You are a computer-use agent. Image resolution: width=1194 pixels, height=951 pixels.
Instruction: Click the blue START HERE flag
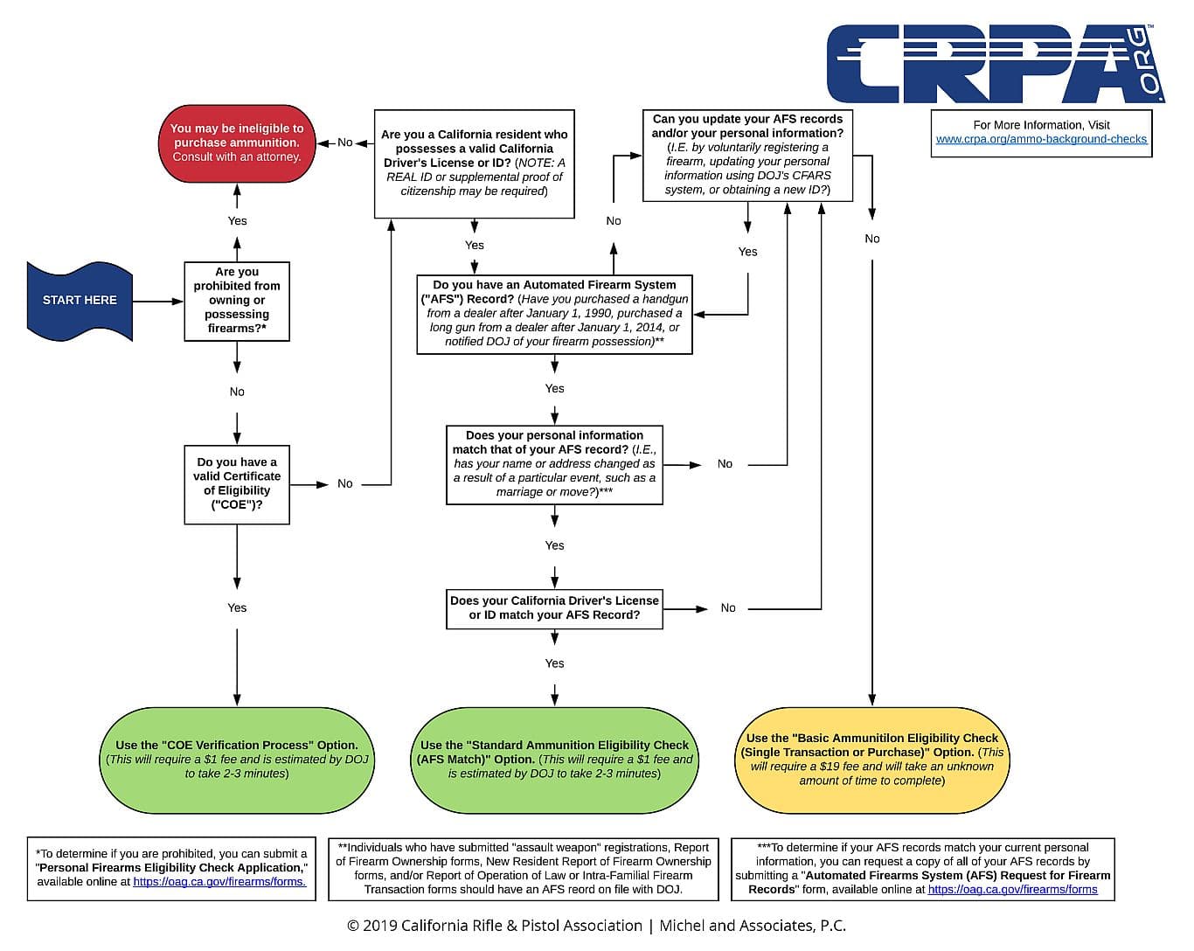(80, 301)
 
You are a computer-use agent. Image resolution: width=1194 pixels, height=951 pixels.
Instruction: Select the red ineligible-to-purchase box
(237, 143)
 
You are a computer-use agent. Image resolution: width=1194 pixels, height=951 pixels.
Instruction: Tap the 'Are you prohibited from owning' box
(237, 302)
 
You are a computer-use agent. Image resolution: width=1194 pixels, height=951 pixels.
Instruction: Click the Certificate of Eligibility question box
(237, 484)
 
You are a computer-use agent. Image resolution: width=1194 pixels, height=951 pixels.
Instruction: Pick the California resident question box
(475, 163)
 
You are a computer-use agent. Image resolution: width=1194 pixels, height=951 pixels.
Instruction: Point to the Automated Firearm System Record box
(554, 314)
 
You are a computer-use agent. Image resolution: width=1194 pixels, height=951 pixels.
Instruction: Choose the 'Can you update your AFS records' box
(747, 156)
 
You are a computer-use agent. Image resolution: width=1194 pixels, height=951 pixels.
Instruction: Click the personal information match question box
(554, 464)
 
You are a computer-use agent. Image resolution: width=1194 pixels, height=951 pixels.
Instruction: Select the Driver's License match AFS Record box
(554, 608)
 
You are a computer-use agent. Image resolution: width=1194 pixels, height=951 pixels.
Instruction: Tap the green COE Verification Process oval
(237, 760)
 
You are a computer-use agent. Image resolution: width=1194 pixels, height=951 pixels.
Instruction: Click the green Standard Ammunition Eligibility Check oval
(554, 760)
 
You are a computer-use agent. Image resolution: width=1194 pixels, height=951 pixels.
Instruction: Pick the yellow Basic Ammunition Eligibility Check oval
(871, 760)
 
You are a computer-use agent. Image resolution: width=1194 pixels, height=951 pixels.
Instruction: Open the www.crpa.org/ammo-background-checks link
(1041, 139)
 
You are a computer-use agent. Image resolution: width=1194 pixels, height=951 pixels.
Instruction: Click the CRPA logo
(996, 63)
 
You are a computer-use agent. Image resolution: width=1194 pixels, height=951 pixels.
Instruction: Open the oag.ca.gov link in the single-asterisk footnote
(219, 882)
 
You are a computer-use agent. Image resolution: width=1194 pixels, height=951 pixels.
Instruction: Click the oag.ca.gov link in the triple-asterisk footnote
(1012, 890)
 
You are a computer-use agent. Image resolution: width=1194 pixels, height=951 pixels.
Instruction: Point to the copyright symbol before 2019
(353, 926)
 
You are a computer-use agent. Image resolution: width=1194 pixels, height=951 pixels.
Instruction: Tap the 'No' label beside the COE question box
(345, 484)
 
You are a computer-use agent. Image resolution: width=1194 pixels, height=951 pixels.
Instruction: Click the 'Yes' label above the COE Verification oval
(237, 608)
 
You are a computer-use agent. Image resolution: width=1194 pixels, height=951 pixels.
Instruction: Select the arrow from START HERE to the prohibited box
(159, 302)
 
